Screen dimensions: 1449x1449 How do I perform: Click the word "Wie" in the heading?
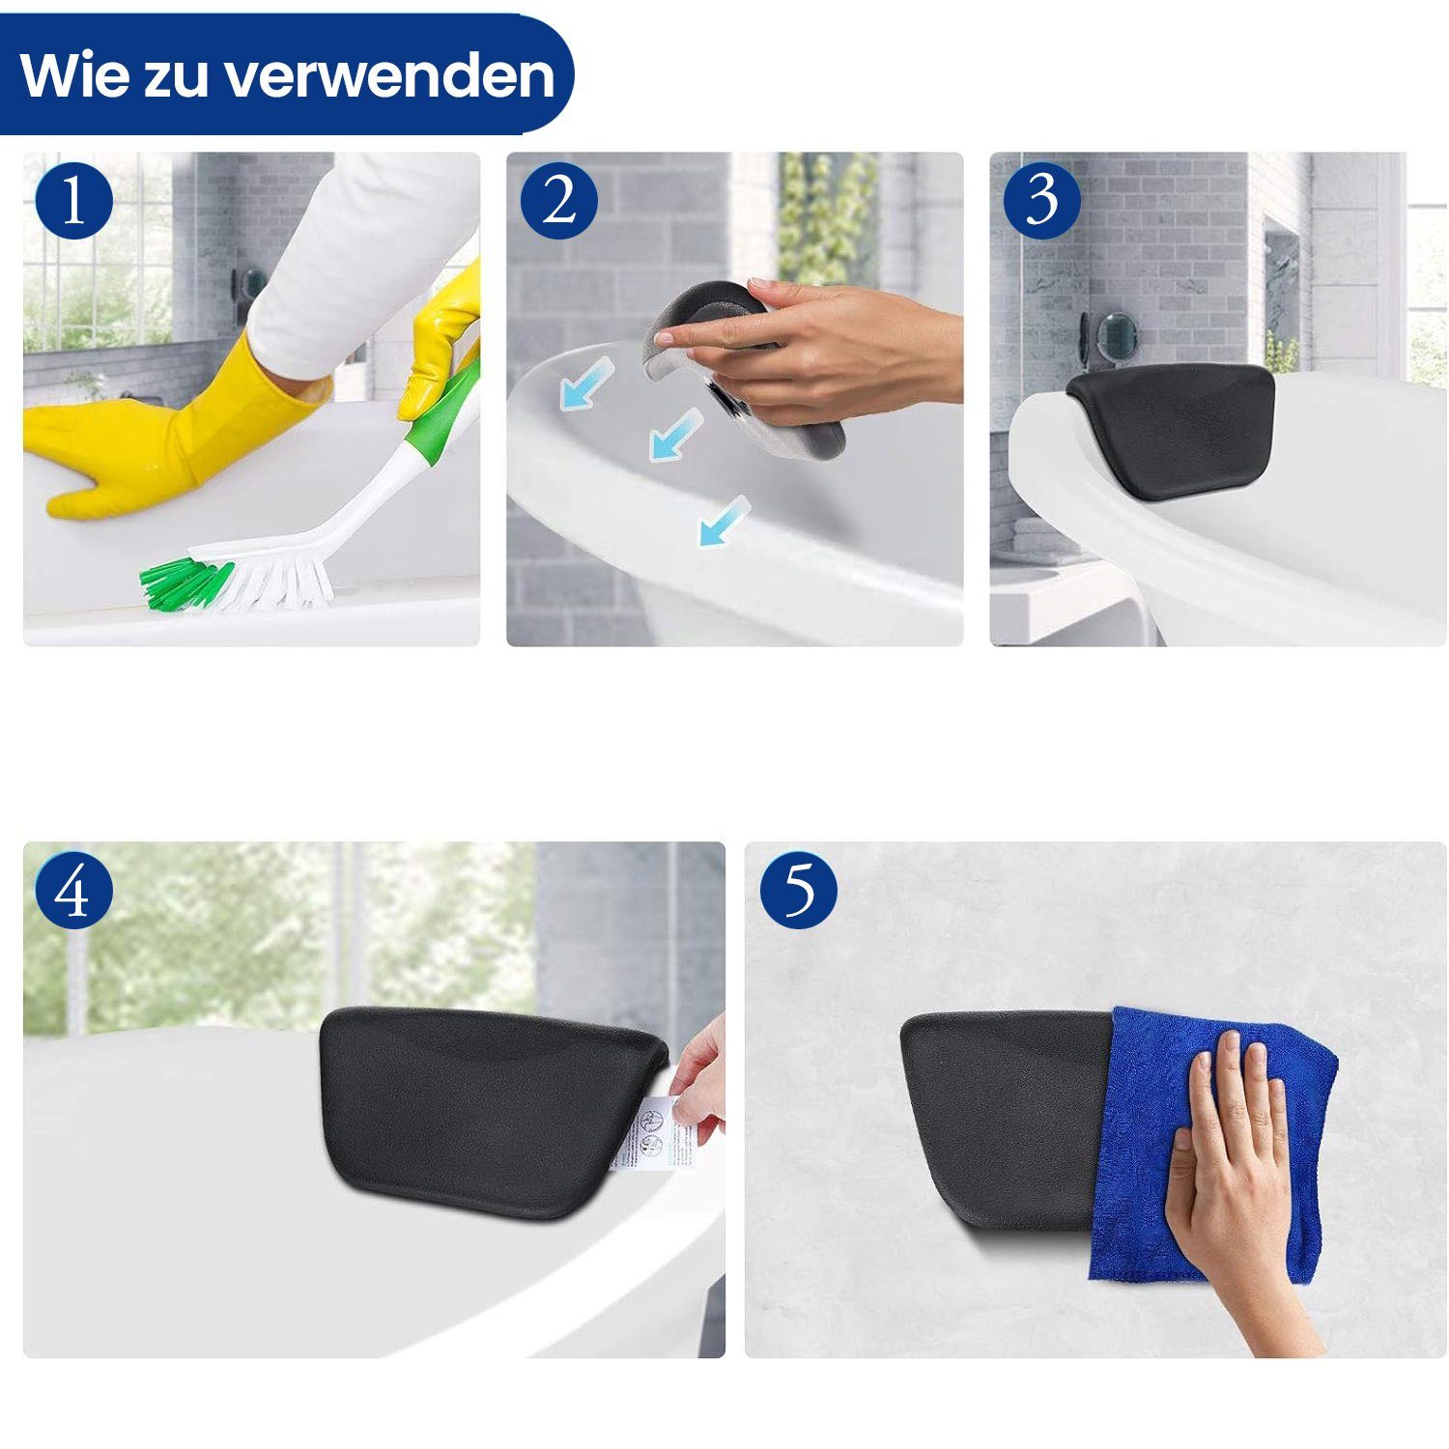point(71,75)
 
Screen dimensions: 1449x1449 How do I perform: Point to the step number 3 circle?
point(1041,201)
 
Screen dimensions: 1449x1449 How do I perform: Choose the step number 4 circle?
point(74,890)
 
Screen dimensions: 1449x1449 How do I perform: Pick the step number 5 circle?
point(798,890)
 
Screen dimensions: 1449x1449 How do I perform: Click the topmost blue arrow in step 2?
point(586,381)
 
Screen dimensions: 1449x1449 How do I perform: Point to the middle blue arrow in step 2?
point(676,433)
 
